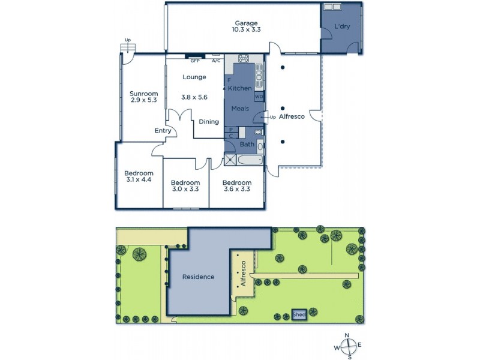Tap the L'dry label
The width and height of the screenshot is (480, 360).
pos(342,26)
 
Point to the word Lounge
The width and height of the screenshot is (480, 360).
pos(194,77)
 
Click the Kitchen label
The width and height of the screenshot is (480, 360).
pos(240,88)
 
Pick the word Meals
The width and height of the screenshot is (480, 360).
pos(240,109)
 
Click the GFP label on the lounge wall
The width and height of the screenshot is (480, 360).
pos(194,61)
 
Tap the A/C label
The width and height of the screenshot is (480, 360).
pos(216,61)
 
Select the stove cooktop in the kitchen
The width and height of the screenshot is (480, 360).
pos(244,59)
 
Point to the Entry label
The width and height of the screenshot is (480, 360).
pos(163,131)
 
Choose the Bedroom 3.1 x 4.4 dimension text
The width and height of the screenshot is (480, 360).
pos(139,178)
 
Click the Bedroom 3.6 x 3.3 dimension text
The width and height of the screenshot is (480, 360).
pos(236,189)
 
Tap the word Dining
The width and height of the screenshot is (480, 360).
pos(209,122)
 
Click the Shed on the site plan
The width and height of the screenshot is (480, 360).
pos(298,314)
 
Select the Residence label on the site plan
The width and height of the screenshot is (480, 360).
pos(198,277)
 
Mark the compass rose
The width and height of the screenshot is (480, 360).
pos(347,345)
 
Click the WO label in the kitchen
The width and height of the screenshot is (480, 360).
pos(259,96)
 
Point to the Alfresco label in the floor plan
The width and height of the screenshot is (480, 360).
pos(292,116)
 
